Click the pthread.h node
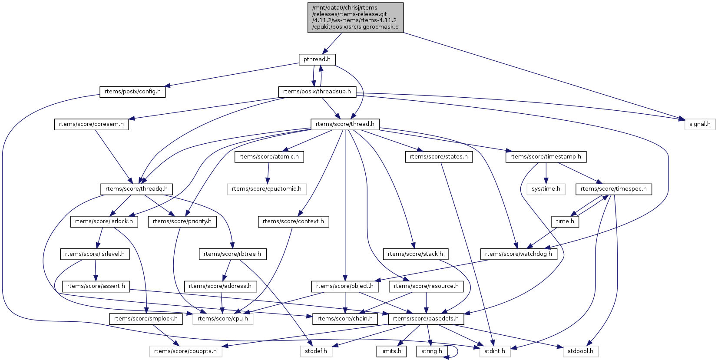point(317,59)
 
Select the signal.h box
point(699,124)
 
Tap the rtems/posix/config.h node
point(132,92)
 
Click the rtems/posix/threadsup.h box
point(317,92)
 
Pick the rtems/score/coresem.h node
point(91,124)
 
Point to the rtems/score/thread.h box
point(345,124)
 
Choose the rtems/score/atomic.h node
point(269,157)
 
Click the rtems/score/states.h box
point(439,157)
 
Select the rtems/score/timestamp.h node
point(546,157)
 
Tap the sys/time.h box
point(546,189)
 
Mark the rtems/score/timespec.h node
point(613,189)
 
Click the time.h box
point(565,221)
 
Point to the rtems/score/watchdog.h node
point(518,254)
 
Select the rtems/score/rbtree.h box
point(232,254)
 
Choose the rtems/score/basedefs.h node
point(426,319)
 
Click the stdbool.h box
point(580,351)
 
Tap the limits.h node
point(391,351)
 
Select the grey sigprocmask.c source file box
point(355,17)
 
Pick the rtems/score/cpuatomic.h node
point(266,189)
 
